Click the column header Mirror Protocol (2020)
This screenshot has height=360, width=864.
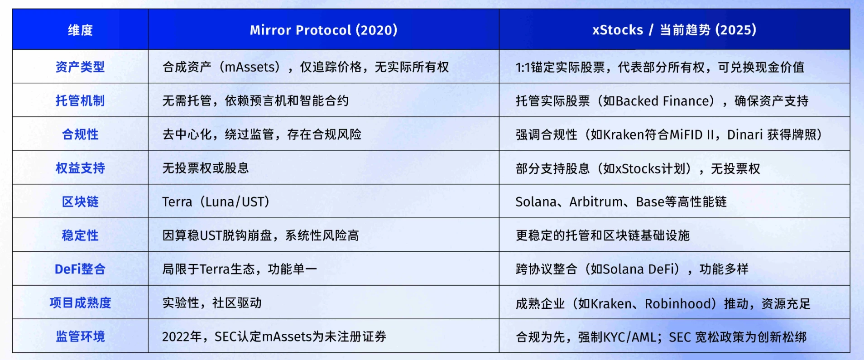click(323, 30)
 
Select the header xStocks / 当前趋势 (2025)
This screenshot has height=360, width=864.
click(674, 30)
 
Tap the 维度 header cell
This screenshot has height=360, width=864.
click(80, 30)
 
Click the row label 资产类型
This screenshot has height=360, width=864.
click(80, 67)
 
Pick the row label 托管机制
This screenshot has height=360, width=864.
click(80, 101)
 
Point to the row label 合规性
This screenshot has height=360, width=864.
click(80, 134)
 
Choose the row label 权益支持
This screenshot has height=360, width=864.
click(80, 168)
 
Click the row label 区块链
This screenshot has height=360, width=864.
click(80, 202)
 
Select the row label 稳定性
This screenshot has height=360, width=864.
click(80, 235)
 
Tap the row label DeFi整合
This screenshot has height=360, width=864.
click(80, 269)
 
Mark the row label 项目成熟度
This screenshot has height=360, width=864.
click(80, 302)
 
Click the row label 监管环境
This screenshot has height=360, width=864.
click(80, 336)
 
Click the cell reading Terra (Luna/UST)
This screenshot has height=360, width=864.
click(216, 202)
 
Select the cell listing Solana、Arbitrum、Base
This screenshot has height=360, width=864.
click(621, 202)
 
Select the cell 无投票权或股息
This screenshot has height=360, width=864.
click(206, 168)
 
